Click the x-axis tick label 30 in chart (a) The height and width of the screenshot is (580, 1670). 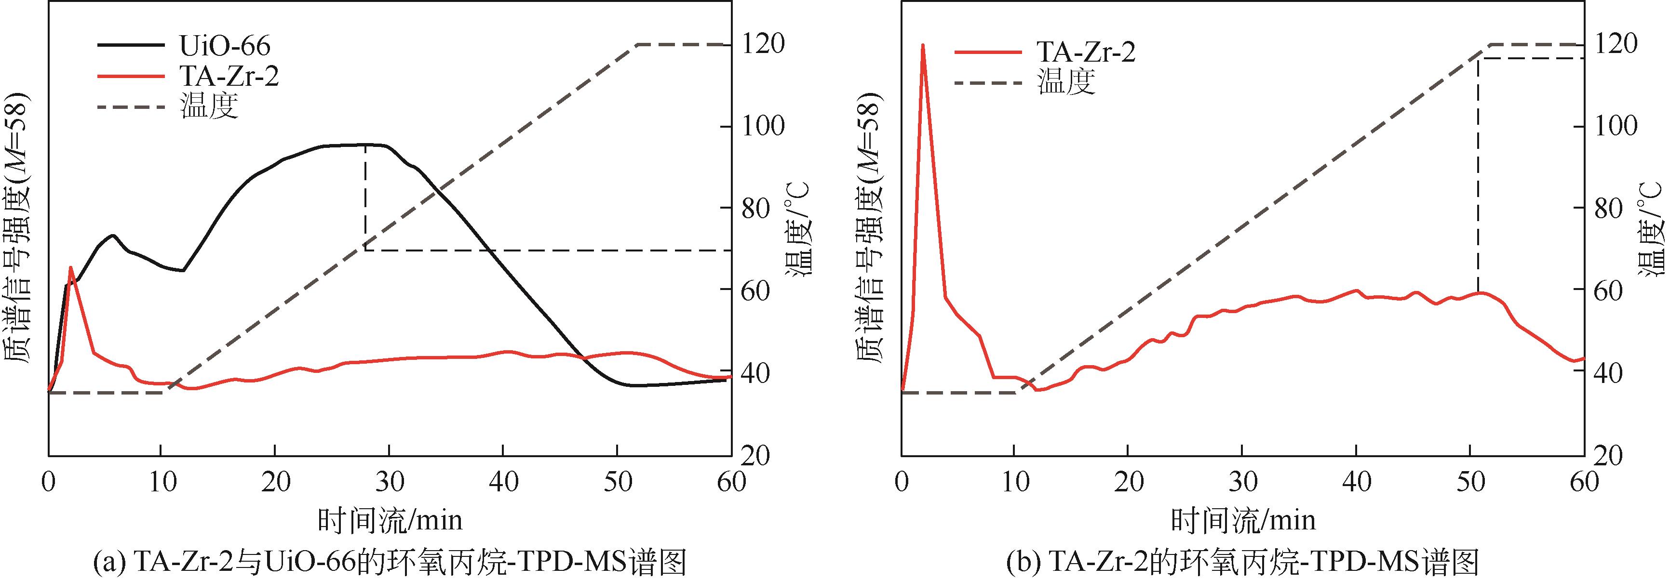click(389, 483)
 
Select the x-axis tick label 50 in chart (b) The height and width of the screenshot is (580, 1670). click(1470, 483)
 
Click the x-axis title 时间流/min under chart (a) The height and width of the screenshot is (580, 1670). click(390, 520)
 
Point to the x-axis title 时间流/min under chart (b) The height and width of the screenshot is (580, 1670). click(1243, 520)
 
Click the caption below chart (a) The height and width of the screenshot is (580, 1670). click(389, 561)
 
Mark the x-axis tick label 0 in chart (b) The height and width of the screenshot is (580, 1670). click(901, 483)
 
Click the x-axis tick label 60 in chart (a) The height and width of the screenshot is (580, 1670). click(731, 483)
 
